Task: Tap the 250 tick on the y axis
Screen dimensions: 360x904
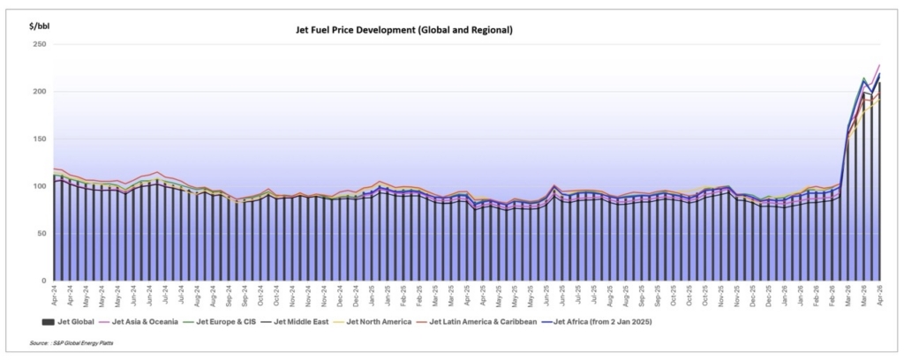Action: click(40, 44)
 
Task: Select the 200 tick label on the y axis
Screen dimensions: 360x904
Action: click(40, 91)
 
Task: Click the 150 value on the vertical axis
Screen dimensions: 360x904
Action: click(40, 139)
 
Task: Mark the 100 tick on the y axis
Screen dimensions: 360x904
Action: click(40, 186)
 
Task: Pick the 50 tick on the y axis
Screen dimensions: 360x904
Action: click(41, 233)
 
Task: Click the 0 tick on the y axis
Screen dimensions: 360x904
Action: click(43, 281)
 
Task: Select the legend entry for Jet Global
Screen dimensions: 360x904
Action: click(74, 321)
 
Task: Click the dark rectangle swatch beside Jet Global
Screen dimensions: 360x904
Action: click(47, 321)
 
